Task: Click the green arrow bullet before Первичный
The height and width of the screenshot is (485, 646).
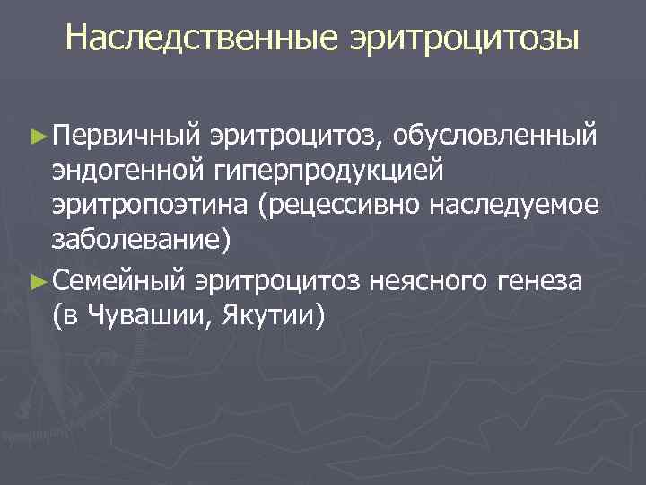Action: (x=37, y=136)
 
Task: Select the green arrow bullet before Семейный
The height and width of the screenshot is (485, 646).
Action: (x=37, y=281)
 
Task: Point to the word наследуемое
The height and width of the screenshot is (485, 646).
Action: (x=514, y=207)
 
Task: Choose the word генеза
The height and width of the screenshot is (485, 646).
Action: (x=541, y=280)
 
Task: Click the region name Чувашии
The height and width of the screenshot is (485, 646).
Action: (x=147, y=316)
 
